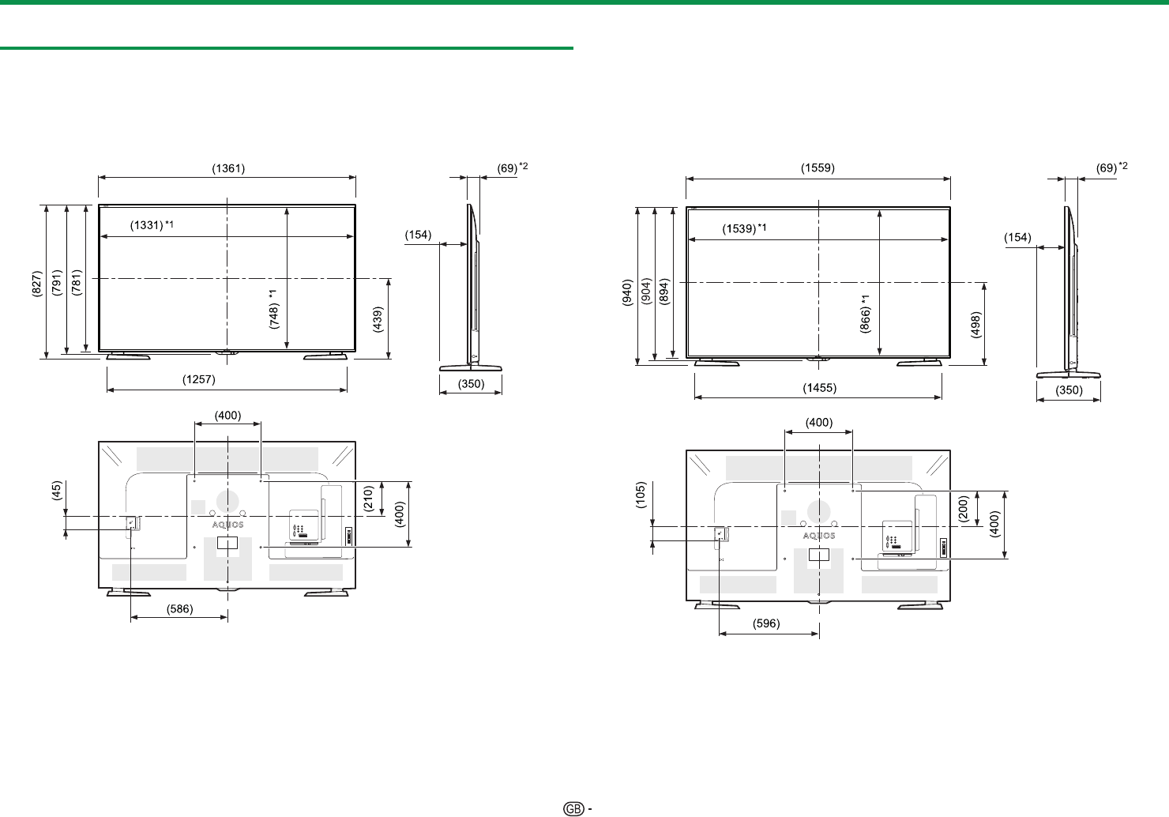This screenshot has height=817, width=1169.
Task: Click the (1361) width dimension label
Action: coord(228,168)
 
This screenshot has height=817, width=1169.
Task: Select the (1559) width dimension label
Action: coord(818,168)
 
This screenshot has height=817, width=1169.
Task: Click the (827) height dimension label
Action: coord(36,284)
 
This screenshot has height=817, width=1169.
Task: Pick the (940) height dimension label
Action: coord(627,292)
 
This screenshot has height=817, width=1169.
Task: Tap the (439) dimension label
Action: coord(378,319)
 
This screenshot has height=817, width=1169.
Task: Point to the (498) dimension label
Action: coord(975,325)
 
